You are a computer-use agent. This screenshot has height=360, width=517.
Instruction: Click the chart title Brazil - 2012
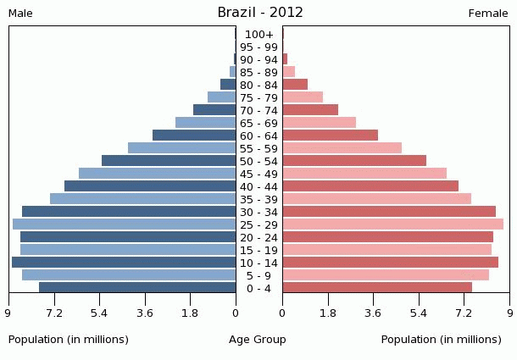click(x=260, y=12)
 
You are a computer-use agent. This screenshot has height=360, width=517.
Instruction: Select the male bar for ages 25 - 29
click(x=125, y=224)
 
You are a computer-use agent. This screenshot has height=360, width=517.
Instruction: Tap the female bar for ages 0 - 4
click(x=377, y=288)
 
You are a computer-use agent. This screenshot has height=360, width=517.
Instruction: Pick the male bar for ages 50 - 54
click(x=169, y=161)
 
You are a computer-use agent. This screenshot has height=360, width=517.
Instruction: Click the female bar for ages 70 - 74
click(x=310, y=110)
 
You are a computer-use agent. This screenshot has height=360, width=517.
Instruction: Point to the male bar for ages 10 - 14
click(x=124, y=263)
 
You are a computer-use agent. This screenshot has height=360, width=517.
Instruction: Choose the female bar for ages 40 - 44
click(x=370, y=186)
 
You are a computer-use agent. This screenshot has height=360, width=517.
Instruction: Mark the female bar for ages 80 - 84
click(x=295, y=85)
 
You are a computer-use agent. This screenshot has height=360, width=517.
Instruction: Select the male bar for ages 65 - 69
click(x=206, y=123)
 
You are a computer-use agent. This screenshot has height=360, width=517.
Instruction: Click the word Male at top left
click(x=20, y=14)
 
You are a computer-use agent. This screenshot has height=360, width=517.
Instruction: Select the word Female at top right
click(x=488, y=14)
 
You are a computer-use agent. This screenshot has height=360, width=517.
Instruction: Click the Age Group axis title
click(x=258, y=340)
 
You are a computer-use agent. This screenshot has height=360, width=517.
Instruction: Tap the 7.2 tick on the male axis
click(x=54, y=313)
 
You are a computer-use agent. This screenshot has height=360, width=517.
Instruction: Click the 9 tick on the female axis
click(x=509, y=313)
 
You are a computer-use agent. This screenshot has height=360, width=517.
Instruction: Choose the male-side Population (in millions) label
click(x=69, y=340)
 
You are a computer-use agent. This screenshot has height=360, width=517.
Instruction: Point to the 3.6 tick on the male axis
click(x=145, y=313)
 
